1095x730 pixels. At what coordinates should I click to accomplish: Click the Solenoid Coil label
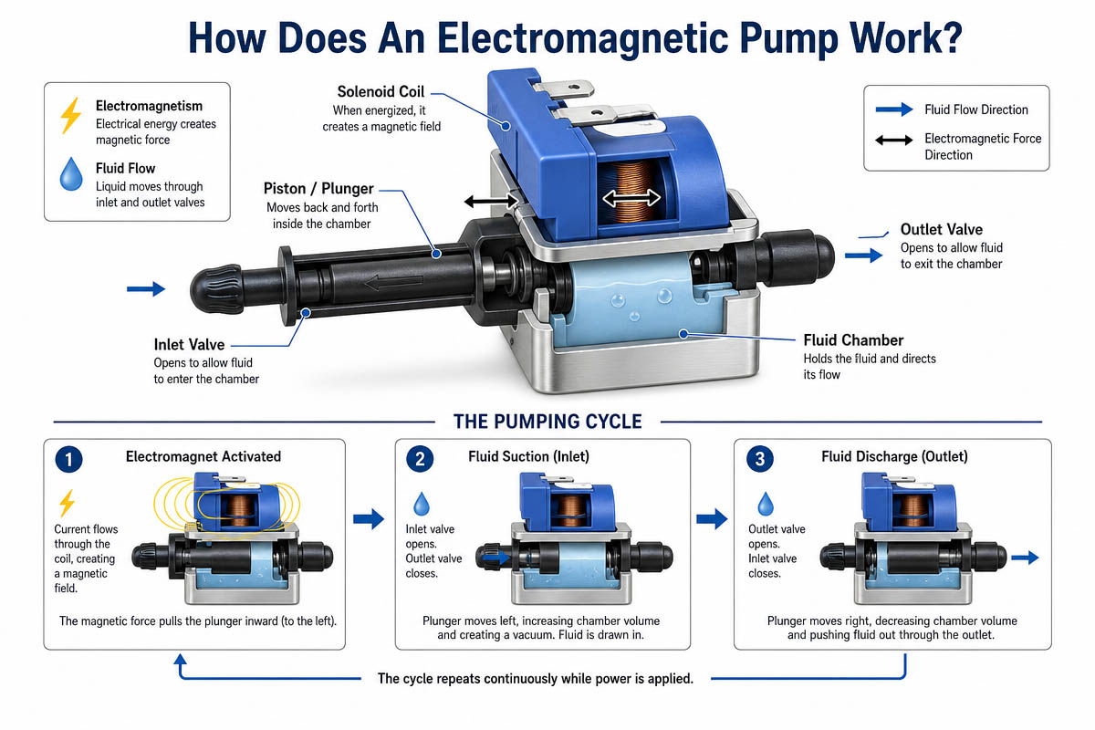click(381, 91)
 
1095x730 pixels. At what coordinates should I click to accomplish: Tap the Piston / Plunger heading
click(318, 188)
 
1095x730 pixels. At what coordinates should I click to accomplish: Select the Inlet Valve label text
click(189, 345)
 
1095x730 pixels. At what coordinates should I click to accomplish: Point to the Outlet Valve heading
click(941, 229)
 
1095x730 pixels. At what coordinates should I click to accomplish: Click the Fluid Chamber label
click(853, 340)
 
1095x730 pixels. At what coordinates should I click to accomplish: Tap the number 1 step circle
click(68, 459)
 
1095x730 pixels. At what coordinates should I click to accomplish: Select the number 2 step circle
click(420, 459)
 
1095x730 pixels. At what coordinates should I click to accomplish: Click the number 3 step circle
click(759, 459)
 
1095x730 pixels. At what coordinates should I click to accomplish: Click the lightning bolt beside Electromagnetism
click(71, 115)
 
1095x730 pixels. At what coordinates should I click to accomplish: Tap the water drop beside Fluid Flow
click(71, 174)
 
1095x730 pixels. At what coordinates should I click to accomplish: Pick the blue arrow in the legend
click(894, 109)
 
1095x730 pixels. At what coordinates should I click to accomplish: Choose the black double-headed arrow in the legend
click(894, 141)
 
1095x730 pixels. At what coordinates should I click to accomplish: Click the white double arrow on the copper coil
click(631, 198)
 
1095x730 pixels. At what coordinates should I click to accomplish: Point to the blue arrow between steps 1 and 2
click(369, 519)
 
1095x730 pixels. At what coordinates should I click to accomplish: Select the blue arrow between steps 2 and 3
click(713, 519)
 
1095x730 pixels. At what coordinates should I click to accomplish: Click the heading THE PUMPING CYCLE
click(547, 422)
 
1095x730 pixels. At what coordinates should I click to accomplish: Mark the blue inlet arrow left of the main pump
click(146, 289)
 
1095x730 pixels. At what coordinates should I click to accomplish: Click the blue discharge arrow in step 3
click(1025, 558)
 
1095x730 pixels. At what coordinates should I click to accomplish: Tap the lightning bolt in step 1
click(67, 503)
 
